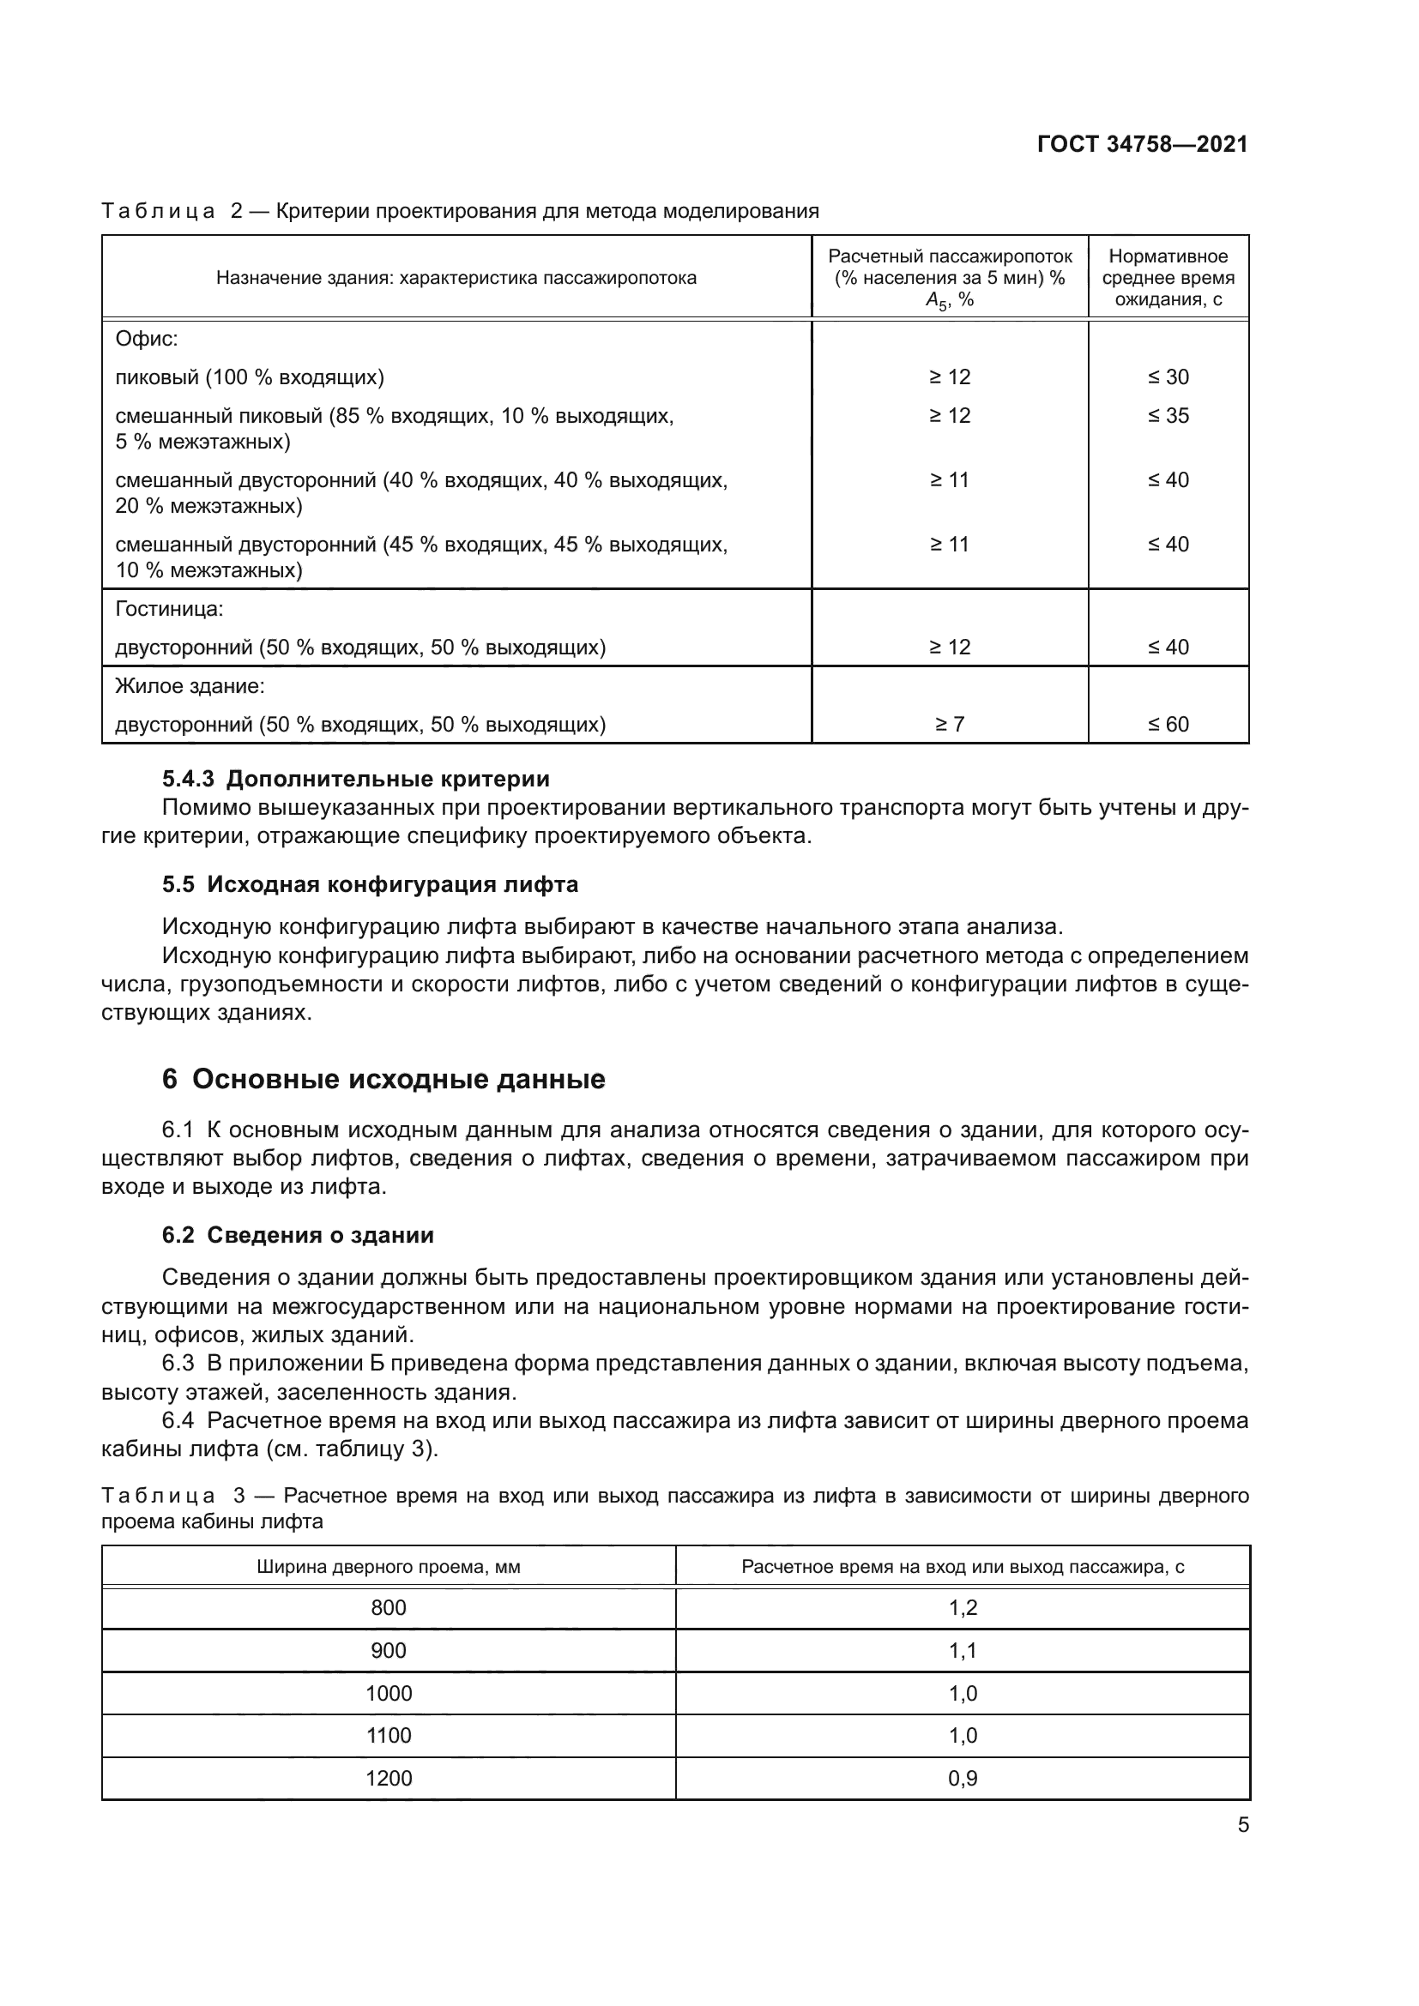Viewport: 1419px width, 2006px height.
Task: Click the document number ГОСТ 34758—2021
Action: pos(1142,145)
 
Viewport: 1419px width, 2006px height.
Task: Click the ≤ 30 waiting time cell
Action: pos(1168,377)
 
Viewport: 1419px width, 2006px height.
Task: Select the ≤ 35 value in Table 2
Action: pos(1168,416)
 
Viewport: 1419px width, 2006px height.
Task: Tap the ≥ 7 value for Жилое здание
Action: pos(950,725)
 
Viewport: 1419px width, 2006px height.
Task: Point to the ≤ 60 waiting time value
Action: pos(1168,725)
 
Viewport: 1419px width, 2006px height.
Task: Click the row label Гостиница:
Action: pos(170,609)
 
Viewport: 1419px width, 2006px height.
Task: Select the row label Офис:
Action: pos(147,339)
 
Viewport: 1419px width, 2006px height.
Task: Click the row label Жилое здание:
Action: pos(190,687)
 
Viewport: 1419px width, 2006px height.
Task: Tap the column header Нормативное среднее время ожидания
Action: pos(1168,278)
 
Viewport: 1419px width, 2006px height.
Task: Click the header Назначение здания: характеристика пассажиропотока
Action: pos(456,278)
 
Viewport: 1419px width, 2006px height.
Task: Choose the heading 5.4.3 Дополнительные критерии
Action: pos(356,779)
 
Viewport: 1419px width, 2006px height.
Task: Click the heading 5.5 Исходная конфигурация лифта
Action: pos(370,884)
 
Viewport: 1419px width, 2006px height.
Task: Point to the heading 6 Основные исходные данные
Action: pos(383,1079)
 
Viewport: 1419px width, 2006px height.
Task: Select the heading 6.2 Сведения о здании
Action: pos(297,1234)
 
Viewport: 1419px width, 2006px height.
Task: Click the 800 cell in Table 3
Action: pos(389,1607)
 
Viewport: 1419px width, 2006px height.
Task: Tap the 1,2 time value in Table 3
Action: pos(963,1607)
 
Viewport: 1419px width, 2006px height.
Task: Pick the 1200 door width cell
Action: pos(389,1778)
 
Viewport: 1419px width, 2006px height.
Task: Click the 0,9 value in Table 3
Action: pos(963,1778)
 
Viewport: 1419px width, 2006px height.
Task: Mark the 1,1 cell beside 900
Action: pos(963,1650)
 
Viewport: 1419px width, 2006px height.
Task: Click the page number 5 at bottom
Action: pos(1242,1825)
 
